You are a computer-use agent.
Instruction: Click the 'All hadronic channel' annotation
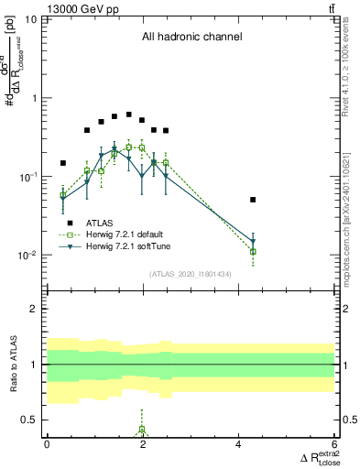pyautogui.click(x=191, y=38)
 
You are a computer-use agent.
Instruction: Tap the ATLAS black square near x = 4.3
pyautogui.click(x=253, y=200)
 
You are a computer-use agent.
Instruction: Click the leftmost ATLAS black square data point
pyautogui.click(x=63, y=163)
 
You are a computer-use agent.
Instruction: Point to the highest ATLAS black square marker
pyautogui.click(x=128, y=115)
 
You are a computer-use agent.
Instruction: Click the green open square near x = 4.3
pyautogui.click(x=253, y=251)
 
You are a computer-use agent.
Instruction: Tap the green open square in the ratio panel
pyautogui.click(x=142, y=429)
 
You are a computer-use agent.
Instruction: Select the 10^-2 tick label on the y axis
pyautogui.click(x=27, y=256)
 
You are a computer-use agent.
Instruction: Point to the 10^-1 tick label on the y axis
pyautogui.click(x=27, y=177)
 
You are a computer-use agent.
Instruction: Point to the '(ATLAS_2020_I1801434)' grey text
pyautogui.click(x=191, y=274)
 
